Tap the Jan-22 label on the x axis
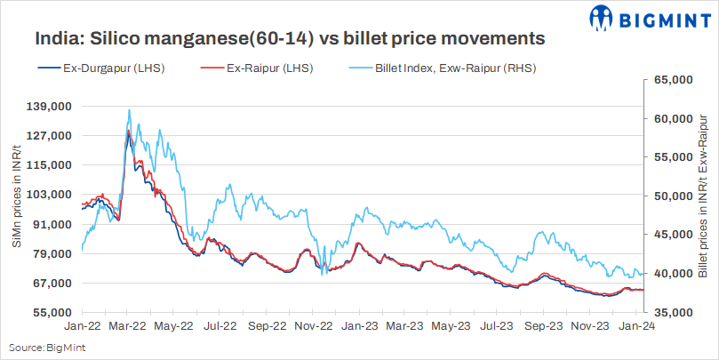(82, 327)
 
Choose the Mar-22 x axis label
(128, 327)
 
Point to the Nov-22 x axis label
(313, 327)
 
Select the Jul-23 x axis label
(497, 327)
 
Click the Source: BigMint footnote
(41, 348)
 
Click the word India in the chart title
(56, 39)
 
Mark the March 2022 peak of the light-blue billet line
(130, 110)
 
